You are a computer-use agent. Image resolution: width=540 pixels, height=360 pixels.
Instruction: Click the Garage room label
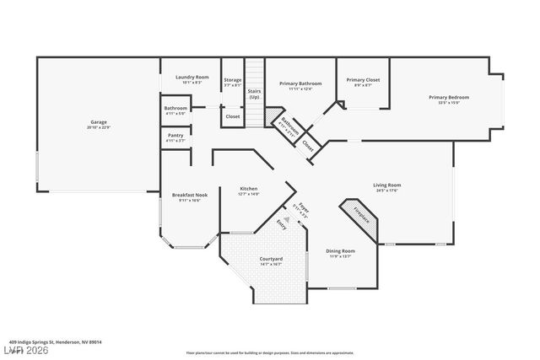99,124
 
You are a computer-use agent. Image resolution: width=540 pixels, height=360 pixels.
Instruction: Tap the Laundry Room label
192,78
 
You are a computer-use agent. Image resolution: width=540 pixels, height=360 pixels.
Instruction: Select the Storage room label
233,82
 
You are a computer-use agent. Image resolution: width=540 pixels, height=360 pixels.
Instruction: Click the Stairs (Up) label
254,94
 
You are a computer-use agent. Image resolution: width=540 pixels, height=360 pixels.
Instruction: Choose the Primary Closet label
363,82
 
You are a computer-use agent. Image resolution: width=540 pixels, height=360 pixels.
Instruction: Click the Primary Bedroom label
448,99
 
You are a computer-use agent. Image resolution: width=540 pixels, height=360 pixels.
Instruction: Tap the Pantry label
175,137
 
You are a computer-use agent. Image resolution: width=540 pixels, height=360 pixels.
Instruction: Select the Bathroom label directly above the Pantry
175,110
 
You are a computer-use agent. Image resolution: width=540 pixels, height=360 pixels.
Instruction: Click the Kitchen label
248,191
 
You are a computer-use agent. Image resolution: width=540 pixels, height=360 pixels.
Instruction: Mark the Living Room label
387,186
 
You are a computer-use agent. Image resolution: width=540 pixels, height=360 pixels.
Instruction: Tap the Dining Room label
341,253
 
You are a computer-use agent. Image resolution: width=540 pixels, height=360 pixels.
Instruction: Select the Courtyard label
271,261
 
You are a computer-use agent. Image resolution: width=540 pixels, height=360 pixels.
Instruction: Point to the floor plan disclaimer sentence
269,352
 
